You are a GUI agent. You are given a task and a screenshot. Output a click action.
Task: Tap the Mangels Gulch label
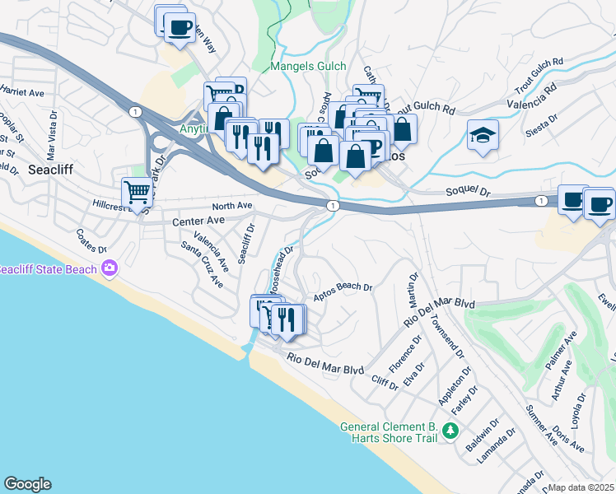click(310, 67)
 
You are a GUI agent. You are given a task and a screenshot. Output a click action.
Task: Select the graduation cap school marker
click(483, 136)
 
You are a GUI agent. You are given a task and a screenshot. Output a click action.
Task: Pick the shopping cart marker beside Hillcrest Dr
click(137, 193)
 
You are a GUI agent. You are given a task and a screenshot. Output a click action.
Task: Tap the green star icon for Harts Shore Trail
click(450, 431)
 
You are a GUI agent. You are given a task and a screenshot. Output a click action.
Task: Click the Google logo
click(27, 484)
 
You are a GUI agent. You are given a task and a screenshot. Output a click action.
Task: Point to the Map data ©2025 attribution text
click(581, 487)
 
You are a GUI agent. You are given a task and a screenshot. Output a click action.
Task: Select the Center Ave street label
click(198, 221)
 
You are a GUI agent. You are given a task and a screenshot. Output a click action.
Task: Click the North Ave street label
click(231, 206)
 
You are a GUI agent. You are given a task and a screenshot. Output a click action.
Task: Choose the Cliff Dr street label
click(385, 380)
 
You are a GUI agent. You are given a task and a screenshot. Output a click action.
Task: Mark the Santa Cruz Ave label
click(202, 265)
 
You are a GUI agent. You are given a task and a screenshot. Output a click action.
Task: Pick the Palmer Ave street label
click(559, 352)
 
